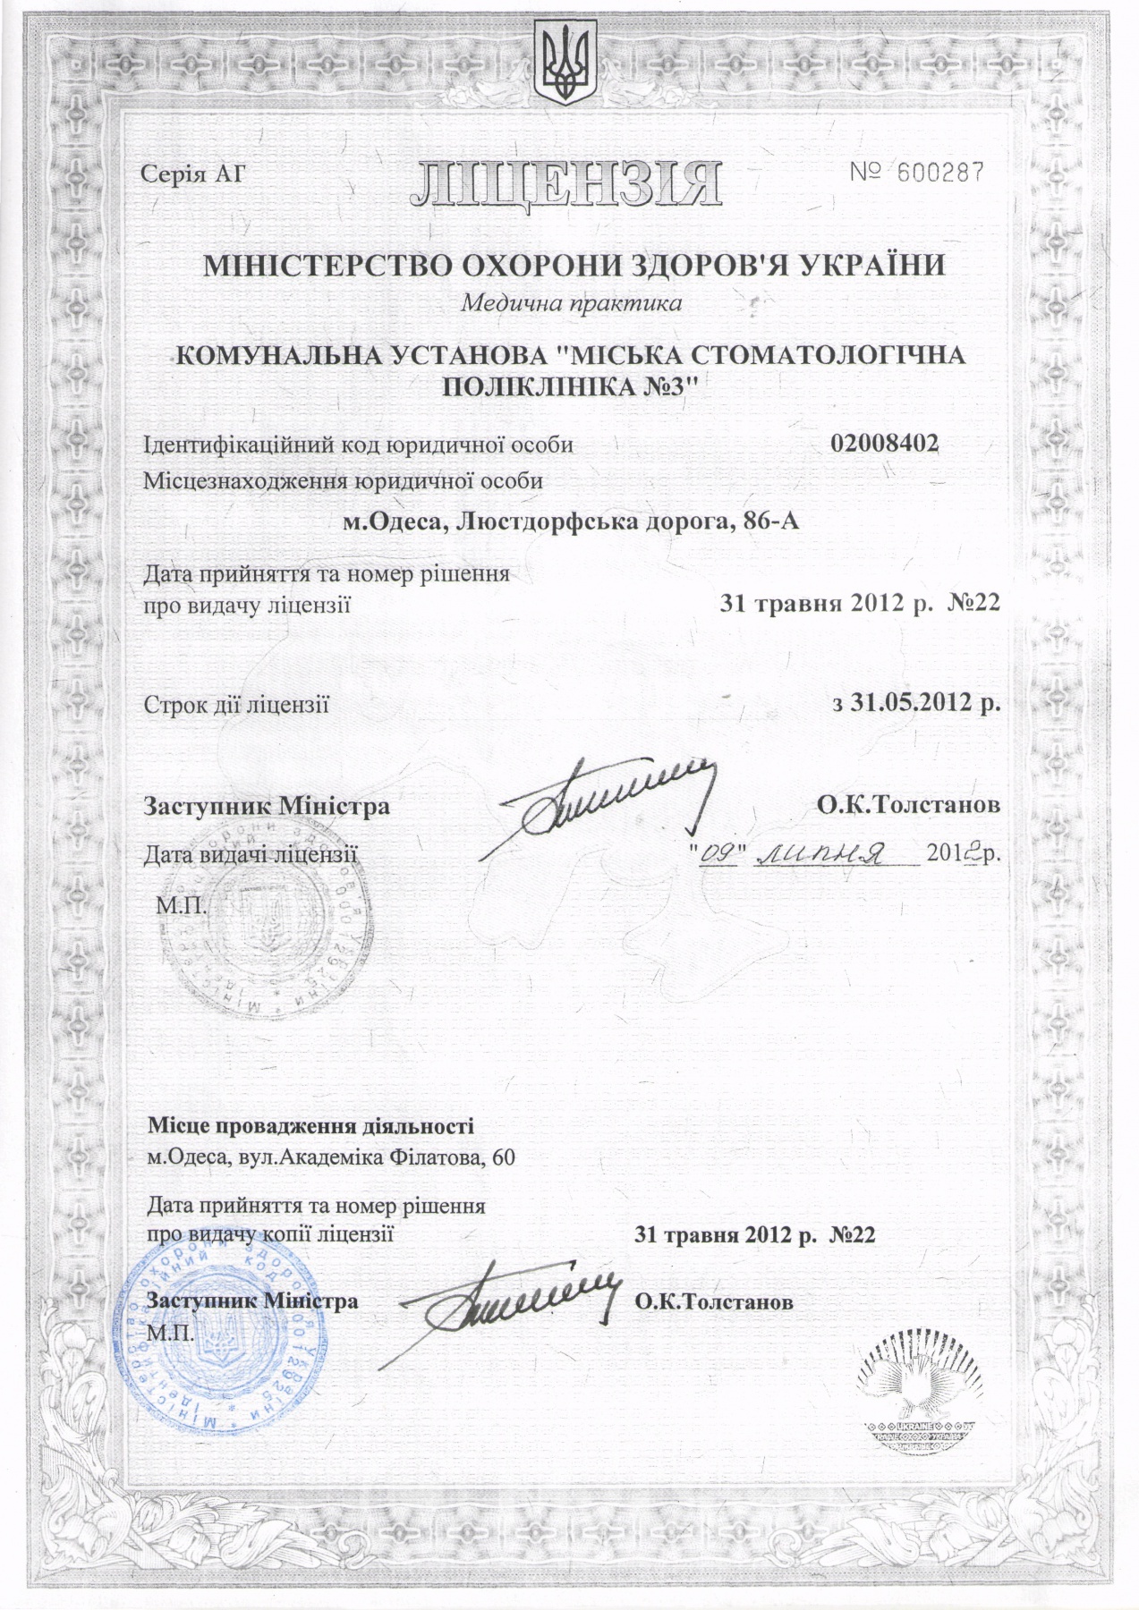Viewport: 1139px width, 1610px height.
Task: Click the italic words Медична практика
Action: tap(571, 303)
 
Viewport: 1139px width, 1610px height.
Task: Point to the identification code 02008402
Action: tap(885, 444)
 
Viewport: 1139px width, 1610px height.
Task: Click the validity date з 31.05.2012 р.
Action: tap(915, 702)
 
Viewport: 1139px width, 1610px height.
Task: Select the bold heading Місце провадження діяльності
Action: tap(311, 1125)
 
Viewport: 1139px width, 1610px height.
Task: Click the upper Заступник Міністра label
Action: tap(267, 806)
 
